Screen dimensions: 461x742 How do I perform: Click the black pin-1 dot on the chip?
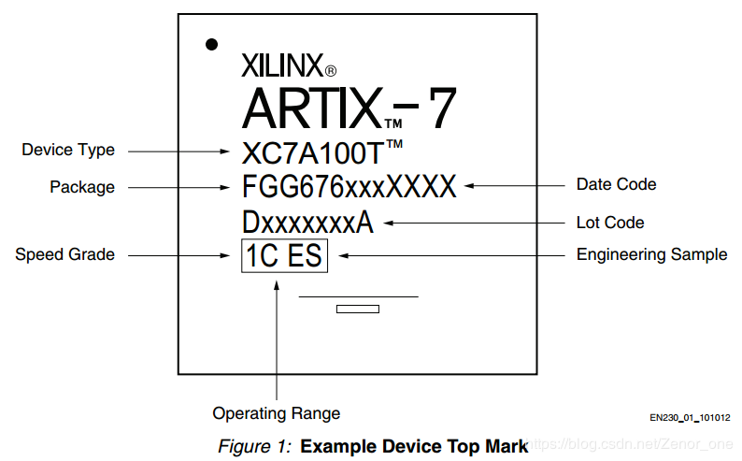tap(212, 44)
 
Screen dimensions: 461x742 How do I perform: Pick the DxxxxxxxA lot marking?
tap(307, 223)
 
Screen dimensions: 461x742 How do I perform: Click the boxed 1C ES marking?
tap(284, 254)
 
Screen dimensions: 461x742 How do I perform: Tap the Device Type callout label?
tap(68, 150)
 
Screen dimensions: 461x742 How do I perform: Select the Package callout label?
tap(82, 187)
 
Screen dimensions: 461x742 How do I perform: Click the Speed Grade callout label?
tap(64, 254)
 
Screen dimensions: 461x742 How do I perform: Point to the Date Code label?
tap(616, 184)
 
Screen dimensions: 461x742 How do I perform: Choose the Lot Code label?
tap(610, 223)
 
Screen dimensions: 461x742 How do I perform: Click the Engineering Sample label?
tap(651, 254)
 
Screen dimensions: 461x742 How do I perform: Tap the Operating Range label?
tap(277, 413)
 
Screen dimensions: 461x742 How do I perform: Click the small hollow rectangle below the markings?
tap(357, 309)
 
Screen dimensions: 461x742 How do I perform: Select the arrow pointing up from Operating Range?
tap(277, 337)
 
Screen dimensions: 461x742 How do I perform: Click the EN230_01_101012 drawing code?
tap(690, 417)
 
